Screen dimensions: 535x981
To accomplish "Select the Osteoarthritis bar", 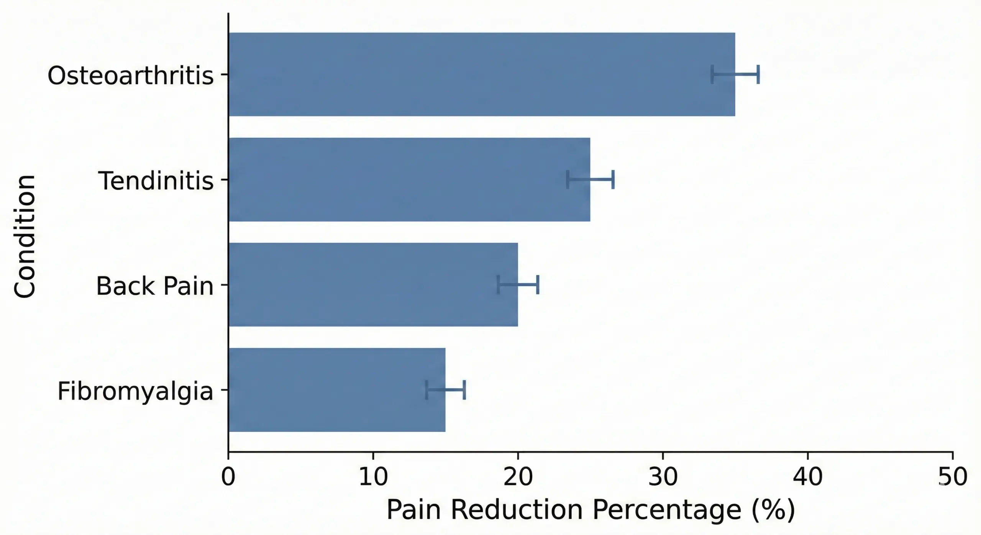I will (482, 74).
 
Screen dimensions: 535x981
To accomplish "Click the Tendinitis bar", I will (409, 179).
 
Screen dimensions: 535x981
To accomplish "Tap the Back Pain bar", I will (373, 284).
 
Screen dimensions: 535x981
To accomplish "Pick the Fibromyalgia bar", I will (337, 390).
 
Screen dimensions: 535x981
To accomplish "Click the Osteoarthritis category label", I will (130, 75).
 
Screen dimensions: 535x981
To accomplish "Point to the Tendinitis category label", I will (156, 181).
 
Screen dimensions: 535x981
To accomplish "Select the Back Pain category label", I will (154, 286).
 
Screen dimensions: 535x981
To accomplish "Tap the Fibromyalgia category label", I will (135, 391).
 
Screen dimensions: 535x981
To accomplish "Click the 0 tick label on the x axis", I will (228, 477).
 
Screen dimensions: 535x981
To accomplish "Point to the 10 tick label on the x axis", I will (373, 477).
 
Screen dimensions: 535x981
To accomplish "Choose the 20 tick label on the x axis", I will (518, 477).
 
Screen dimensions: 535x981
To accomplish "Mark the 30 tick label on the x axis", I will (663, 477).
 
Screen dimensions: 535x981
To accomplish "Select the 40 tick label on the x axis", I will (808, 477).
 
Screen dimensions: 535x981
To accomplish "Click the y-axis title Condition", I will (25, 236).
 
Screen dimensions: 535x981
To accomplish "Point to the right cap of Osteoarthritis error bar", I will (758, 74).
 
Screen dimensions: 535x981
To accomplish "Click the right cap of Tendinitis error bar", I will (613, 179).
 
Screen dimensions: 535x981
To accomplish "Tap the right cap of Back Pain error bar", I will (538, 284).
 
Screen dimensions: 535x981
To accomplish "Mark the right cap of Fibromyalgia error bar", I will (464, 390).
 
